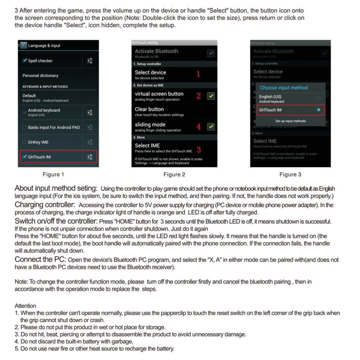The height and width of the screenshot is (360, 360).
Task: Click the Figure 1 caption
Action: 53,175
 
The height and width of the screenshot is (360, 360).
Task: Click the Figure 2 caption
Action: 174,175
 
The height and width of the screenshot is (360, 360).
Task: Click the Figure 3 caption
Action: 290,175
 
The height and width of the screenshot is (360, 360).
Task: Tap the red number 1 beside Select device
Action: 198,74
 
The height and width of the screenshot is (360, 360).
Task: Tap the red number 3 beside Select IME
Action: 198,149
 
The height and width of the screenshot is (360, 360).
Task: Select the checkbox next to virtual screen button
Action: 211,96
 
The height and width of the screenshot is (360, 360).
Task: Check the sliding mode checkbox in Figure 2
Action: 211,127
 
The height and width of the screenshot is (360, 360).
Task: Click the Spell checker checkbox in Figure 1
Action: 24,61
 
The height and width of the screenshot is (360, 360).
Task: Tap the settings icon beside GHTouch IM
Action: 90,157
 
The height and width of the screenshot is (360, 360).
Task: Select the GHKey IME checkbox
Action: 24,142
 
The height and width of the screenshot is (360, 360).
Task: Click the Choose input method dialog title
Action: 284,87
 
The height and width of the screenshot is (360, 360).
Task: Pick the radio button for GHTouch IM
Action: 318,110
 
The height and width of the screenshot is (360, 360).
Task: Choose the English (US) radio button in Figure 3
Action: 318,98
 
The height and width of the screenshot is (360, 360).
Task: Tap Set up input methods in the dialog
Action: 290,121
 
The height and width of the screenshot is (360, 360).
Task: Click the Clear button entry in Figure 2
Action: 149,109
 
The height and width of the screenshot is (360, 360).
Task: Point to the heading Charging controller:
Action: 45,205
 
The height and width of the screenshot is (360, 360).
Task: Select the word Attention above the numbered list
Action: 25,306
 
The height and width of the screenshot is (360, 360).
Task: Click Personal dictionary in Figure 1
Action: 40,76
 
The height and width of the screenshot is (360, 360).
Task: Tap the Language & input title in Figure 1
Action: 44,46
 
